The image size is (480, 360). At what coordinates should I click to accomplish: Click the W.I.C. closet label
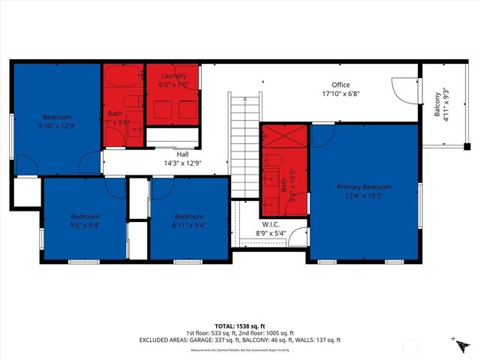(x=271, y=224)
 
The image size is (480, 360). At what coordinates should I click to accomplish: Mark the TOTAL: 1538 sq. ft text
(x=240, y=326)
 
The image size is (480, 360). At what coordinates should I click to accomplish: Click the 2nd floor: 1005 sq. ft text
(x=268, y=333)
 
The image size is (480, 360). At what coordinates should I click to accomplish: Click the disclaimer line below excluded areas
(x=240, y=349)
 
